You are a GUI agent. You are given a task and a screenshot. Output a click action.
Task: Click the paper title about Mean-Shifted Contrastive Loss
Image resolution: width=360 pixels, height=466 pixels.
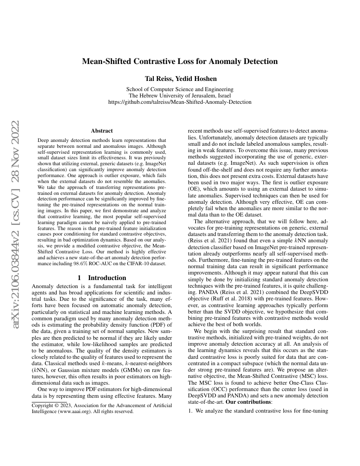(180, 61)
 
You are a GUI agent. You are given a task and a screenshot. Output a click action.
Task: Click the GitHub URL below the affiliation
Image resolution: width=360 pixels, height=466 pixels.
(180, 102)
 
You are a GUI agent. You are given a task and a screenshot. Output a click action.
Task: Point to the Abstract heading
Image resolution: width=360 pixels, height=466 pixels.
(102, 131)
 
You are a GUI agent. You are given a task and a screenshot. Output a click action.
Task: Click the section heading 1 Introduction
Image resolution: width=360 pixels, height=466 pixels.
(102, 278)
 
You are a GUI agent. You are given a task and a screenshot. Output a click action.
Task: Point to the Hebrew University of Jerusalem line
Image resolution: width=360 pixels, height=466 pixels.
(180, 96)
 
